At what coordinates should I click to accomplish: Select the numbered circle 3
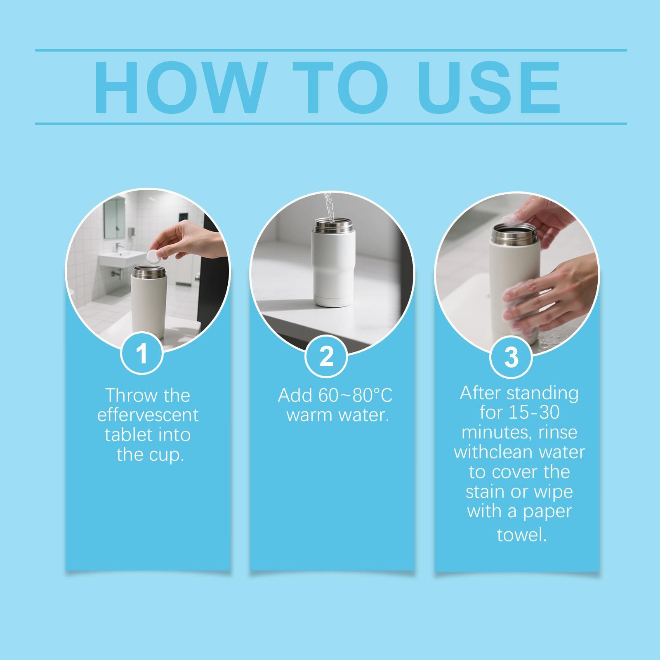511,357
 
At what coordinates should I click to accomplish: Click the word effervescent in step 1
148,415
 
